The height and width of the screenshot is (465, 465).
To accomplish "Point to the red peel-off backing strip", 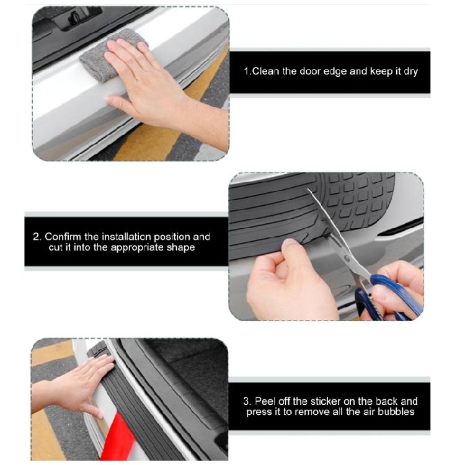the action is click(118, 438).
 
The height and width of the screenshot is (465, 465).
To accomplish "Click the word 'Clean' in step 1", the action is click(266, 71).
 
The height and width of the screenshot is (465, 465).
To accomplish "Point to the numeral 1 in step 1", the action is click(246, 71).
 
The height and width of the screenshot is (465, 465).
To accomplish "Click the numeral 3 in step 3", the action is click(246, 401).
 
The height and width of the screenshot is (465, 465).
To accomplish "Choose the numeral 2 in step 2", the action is click(36, 237).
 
